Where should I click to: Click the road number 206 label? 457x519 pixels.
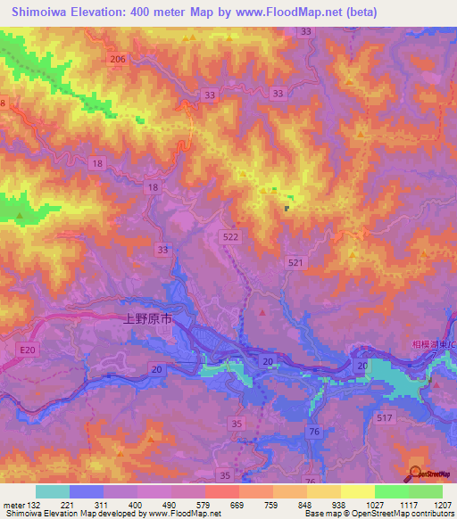tap(118, 59)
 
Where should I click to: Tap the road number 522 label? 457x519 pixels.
tap(229, 233)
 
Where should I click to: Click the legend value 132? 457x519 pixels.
tap(33, 504)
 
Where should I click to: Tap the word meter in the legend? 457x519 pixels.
tap(12, 504)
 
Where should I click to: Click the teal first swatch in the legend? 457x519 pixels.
tap(53, 490)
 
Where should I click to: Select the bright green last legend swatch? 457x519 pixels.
tap(426, 490)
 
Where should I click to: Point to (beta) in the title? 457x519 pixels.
tap(357, 12)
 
